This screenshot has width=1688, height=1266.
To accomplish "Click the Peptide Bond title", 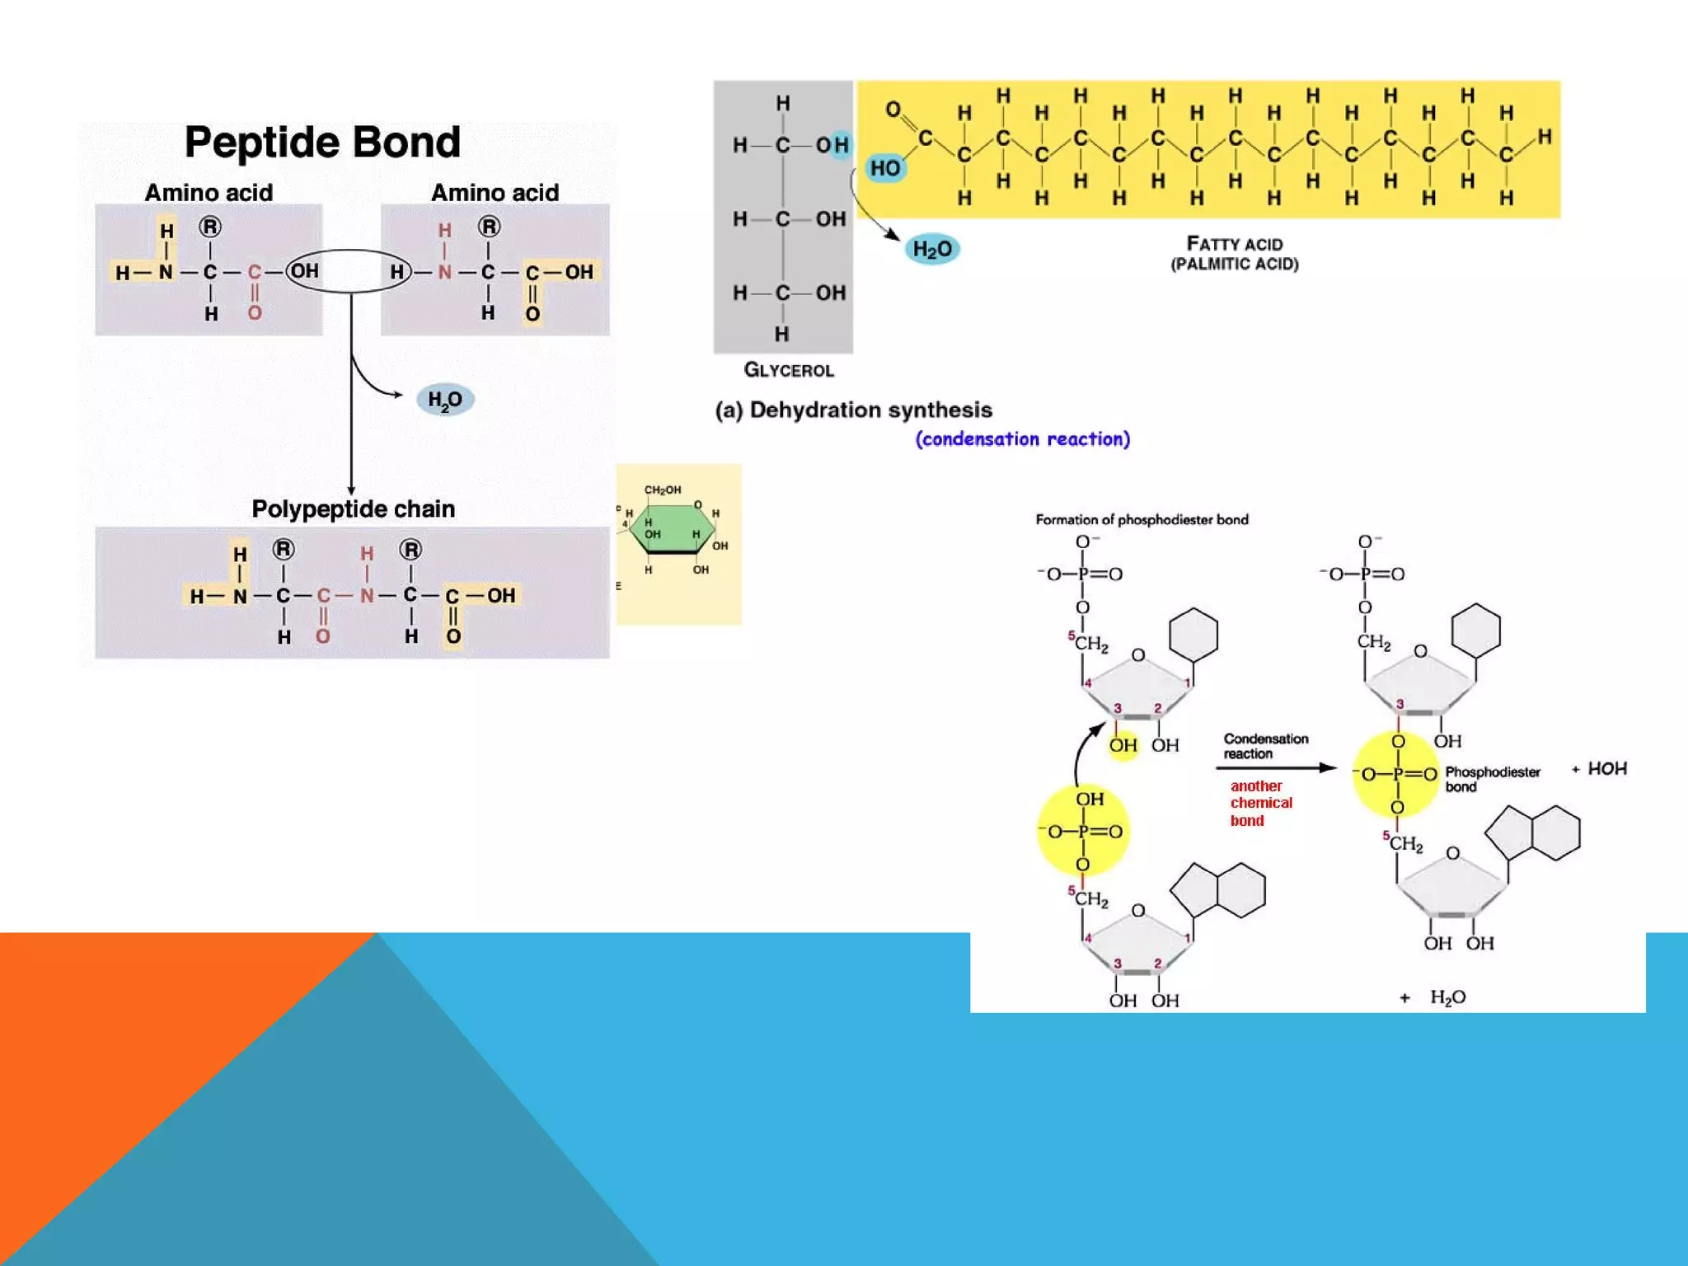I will click(322, 143).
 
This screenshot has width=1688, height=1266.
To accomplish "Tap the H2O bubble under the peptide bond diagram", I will click(445, 400).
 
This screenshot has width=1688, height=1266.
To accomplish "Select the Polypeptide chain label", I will click(353, 509).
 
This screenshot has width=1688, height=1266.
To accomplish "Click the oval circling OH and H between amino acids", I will click(349, 271).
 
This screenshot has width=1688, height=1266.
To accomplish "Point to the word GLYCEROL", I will click(789, 370).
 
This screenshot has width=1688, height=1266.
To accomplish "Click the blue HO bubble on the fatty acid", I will click(886, 168).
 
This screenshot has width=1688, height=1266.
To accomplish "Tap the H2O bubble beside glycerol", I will click(932, 249).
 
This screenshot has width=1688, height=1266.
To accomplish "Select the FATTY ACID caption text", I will click(1234, 244).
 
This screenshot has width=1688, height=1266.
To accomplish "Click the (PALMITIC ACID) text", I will click(1234, 265).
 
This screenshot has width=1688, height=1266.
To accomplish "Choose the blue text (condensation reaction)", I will click(1022, 439).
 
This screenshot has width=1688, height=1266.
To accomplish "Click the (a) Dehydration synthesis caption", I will click(853, 410).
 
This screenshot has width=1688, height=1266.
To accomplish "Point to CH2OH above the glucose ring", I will click(662, 490).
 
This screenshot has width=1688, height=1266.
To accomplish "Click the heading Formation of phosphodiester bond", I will click(1142, 519).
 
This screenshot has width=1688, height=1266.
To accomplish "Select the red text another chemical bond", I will click(1260, 803).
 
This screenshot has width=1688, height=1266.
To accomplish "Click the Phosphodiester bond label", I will click(1492, 779).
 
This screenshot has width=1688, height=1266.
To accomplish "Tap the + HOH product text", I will click(1599, 769).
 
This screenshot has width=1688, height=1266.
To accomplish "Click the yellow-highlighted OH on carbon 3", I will click(1123, 745).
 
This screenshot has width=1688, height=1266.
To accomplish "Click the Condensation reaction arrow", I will click(1275, 768).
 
